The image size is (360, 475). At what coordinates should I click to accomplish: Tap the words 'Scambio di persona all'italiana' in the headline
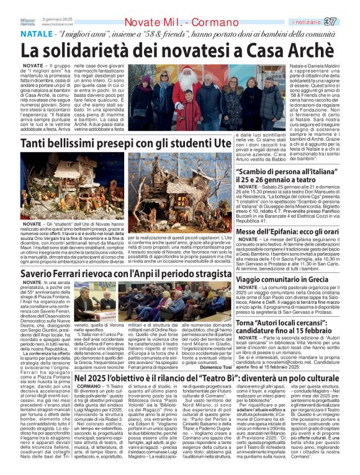click(289, 171)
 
